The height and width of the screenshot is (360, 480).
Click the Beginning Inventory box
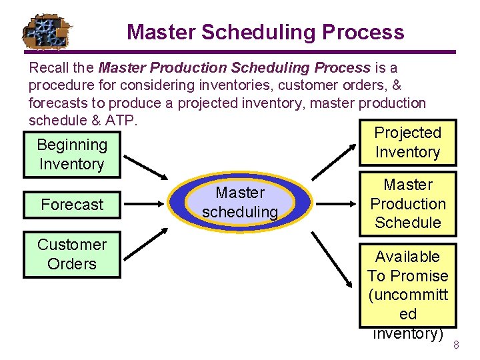pos(72,155)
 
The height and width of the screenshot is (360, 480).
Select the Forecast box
pos(72,205)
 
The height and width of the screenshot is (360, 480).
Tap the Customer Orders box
pos(72,255)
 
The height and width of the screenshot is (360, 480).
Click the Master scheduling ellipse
pos(240,203)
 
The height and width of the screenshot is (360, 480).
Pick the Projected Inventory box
pos(407,143)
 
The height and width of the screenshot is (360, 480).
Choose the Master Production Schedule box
pos(407,204)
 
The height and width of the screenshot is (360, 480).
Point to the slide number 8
pos(457,345)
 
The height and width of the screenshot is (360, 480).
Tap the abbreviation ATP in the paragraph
pos(121,120)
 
